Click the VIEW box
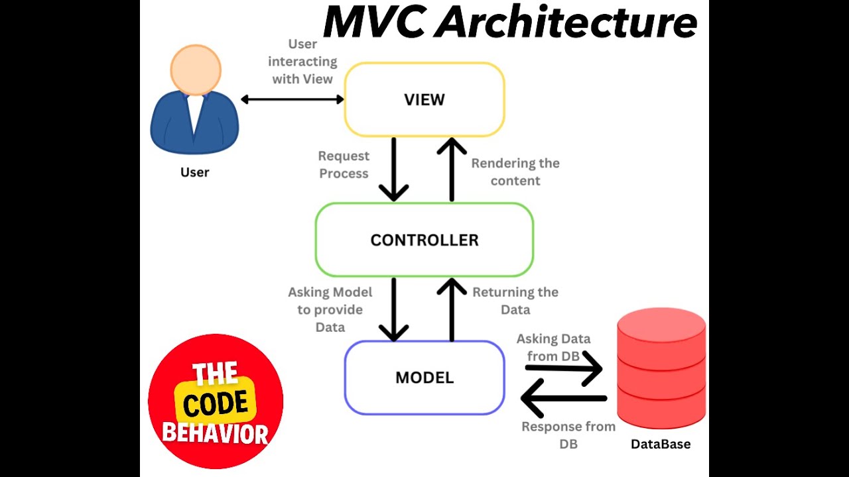click(424, 100)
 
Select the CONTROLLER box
click(424, 240)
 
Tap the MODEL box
click(424, 378)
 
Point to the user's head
click(195, 69)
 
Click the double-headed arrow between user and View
click(292, 99)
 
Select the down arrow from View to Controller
click(394, 170)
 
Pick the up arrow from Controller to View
click(452, 170)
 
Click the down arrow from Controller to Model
click(394, 309)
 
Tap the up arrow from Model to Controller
click(452, 309)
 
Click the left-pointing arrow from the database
click(564, 398)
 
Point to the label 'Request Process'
click(344, 165)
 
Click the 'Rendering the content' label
click(515, 172)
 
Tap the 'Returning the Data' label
click(515, 300)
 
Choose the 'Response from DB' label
click(568, 435)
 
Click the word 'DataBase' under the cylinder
click(661, 444)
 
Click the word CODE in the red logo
click(216, 404)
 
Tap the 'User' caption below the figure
click(194, 172)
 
